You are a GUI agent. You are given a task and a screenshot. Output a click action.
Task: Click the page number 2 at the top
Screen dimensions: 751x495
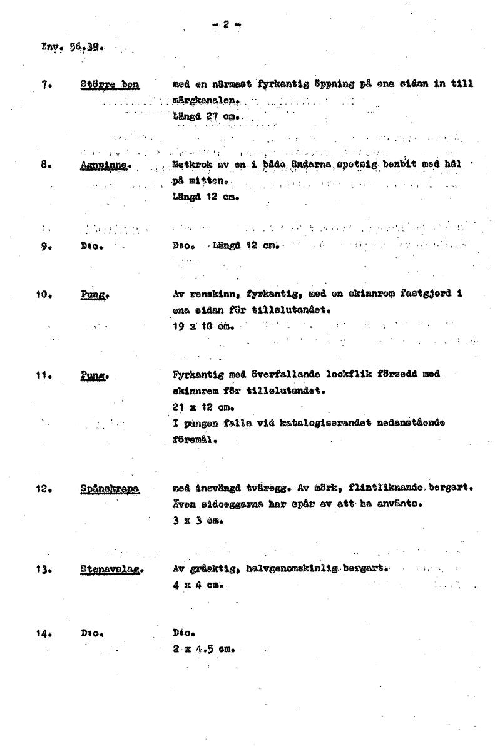pyautogui.click(x=226, y=25)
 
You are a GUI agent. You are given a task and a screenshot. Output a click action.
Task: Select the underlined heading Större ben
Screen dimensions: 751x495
pyautogui.click(x=110, y=84)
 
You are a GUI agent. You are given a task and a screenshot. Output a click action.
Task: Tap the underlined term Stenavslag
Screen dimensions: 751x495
pyautogui.click(x=112, y=570)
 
